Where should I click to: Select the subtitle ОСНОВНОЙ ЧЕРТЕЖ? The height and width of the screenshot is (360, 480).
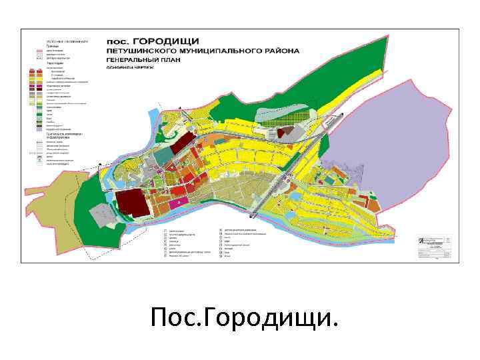(129, 67)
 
